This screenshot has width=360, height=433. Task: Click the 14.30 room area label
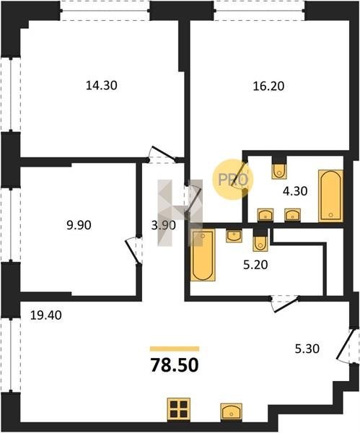click(x=101, y=85)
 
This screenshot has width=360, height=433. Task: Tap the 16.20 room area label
click(x=268, y=86)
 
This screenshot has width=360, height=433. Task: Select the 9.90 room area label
click(x=79, y=225)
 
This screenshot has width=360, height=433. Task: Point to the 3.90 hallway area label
click(x=164, y=225)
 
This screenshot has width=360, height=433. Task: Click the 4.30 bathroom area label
click(x=295, y=191)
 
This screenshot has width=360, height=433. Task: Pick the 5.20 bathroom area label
click(x=255, y=265)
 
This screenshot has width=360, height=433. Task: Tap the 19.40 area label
click(x=46, y=315)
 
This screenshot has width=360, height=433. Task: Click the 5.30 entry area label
click(x=307, y=349)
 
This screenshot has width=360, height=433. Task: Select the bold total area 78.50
click(x=175, y=364)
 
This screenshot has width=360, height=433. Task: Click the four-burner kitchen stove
click(x=179, y=409)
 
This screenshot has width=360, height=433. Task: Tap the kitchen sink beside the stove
click(x=232, y=411)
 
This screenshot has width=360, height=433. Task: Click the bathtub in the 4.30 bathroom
click(x=330, y=196)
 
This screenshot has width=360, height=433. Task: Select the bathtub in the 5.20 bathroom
click(x=203, y=255)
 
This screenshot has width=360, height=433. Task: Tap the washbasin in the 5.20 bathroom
click(x=234, y=236)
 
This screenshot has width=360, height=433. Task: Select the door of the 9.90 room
click(x=133, y=250)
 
